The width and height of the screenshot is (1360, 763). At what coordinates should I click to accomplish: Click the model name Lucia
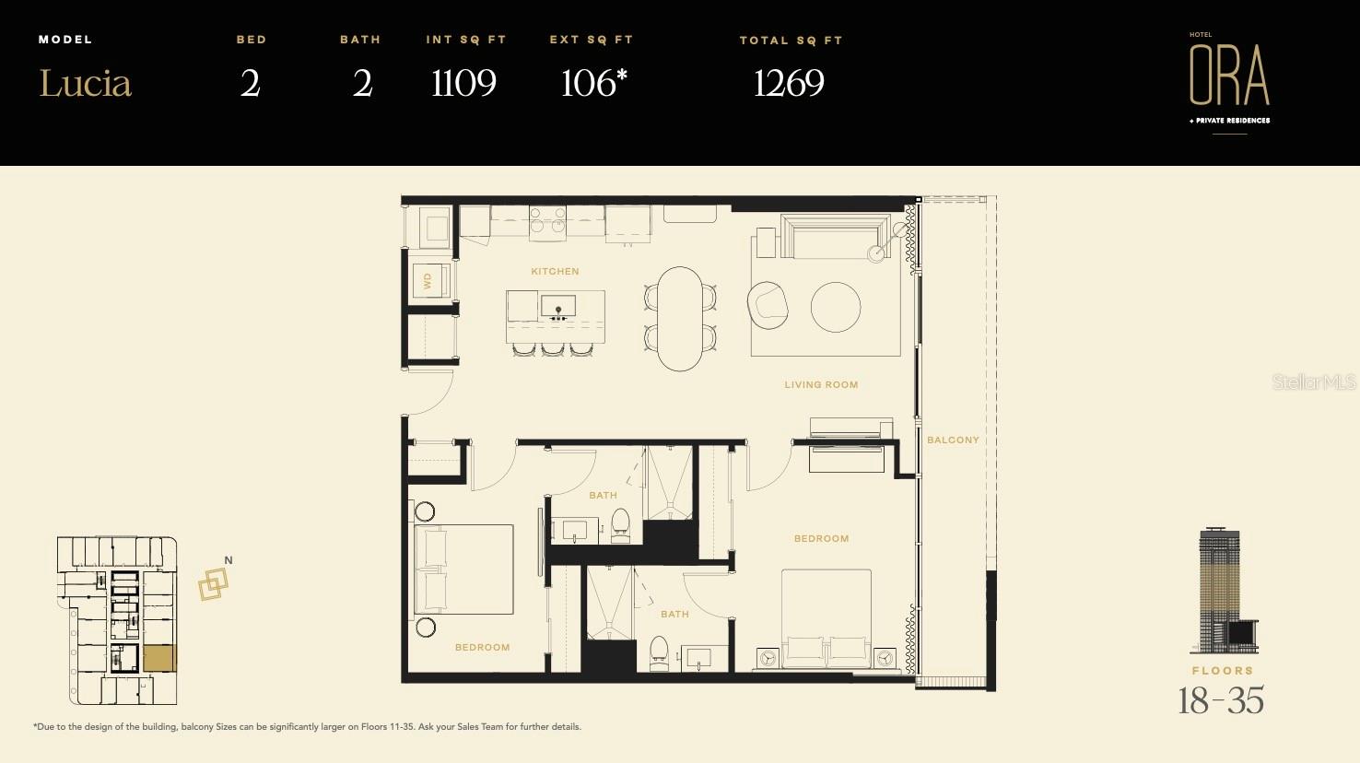(85, 84)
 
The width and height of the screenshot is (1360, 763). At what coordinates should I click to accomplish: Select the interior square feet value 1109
(463, 84)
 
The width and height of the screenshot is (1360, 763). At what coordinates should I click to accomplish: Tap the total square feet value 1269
(789, 84)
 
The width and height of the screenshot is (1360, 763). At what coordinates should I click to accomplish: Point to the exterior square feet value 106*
(592, 83)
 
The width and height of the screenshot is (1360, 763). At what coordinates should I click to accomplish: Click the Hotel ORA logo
(1229, 77)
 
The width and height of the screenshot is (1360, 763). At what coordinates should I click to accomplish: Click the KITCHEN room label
(555, 272)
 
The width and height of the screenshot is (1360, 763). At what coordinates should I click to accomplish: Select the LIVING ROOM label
(821, 385)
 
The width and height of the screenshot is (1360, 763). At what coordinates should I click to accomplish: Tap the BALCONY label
(953, 440)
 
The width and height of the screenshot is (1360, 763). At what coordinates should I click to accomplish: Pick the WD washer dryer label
(428, 281)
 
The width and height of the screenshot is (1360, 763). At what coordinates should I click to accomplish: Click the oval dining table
(680, 319)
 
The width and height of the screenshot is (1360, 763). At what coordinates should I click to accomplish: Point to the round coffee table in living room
(836, 307)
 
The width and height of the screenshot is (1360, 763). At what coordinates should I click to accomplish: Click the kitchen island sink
(557, 306)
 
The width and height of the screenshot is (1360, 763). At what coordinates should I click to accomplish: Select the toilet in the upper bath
(620, 523)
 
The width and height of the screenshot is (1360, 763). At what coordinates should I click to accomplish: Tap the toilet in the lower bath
(659, 651)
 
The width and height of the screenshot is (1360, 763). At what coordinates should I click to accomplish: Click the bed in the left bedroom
(464, 569)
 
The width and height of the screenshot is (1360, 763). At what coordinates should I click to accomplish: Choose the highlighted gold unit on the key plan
(158, 658)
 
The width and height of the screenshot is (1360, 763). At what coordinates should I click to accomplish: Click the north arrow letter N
(229, 560)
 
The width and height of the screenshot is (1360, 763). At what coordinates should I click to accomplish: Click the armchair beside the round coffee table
(768, 303)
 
